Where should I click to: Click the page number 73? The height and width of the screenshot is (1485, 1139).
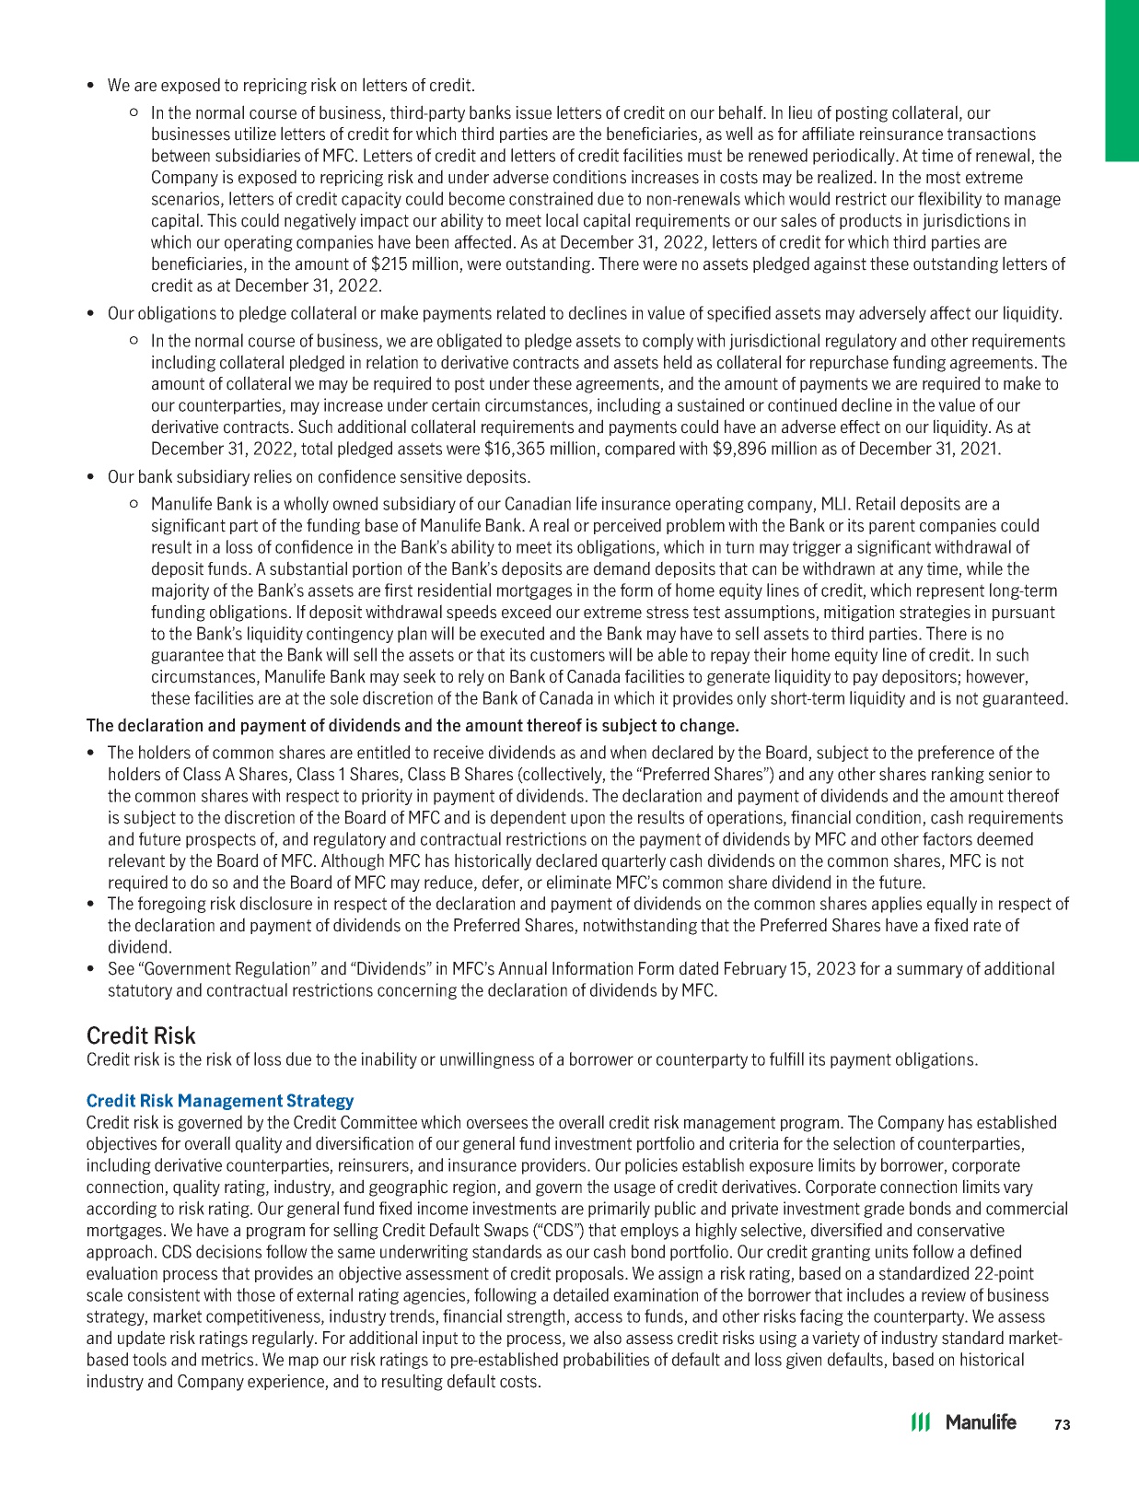click(x=1062, y=1424)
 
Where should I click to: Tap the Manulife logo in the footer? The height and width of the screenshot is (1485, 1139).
click(x=963, y=1422)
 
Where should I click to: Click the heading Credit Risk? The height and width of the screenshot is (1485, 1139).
click(x=140, y=1035)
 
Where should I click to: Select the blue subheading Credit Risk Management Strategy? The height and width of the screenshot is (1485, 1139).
click(x=219, y=1101)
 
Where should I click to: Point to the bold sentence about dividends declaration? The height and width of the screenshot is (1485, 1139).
click(x=413, y=725)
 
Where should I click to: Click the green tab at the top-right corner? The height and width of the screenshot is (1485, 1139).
click(x=1122, y=80)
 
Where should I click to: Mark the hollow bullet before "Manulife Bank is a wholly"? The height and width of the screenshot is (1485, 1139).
click(x=134, y=504)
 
